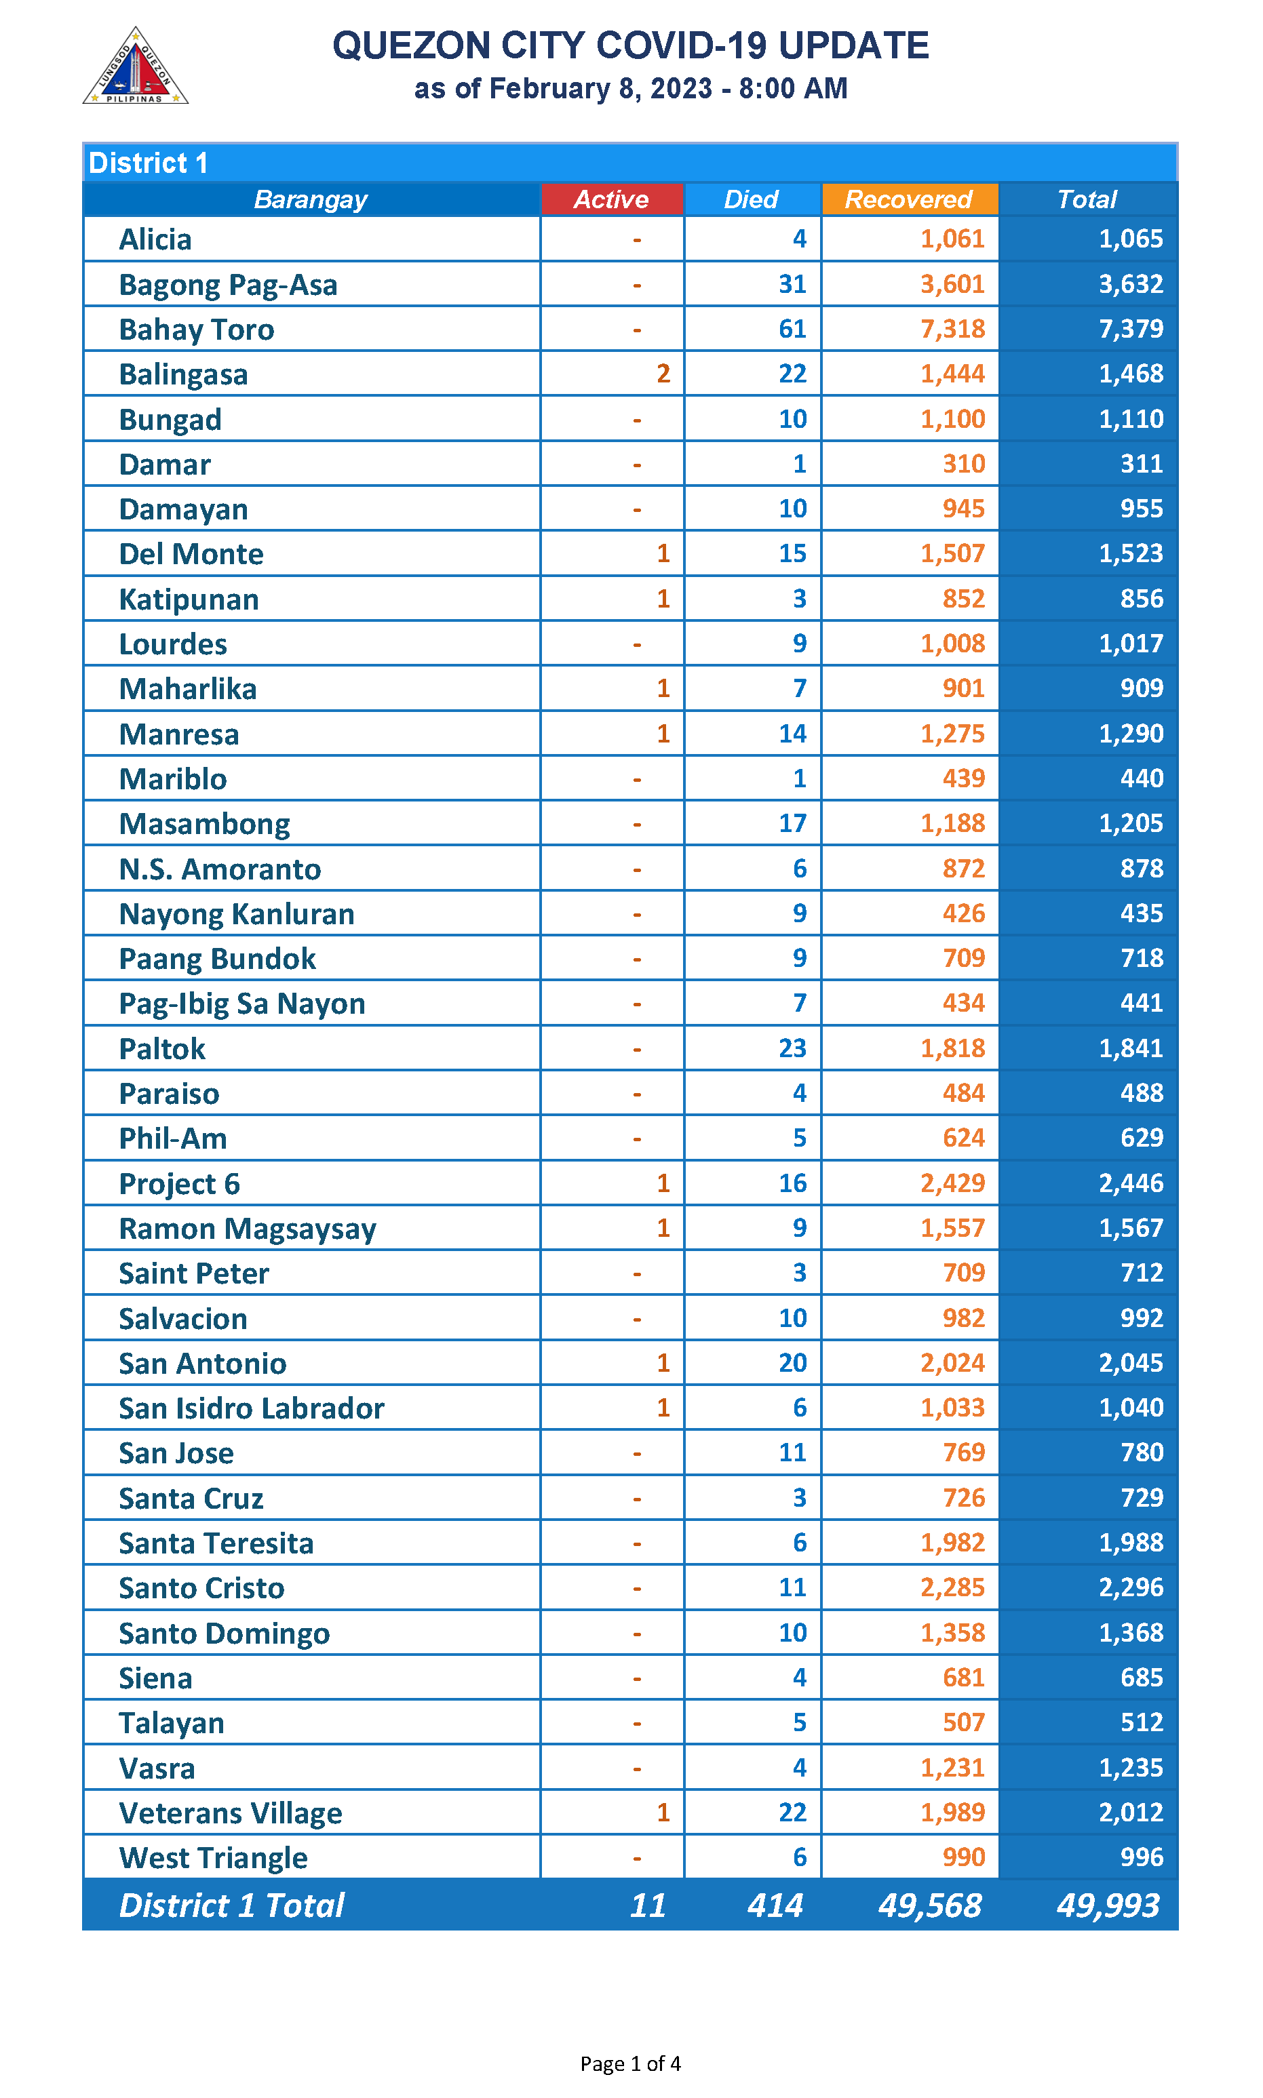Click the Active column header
(611, 199)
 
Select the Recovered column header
(908, 199)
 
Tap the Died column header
(751, 199)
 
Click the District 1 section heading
(149, 163)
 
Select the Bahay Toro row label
(197, 330)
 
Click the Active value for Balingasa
(663, 374)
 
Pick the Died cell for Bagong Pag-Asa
(792, 284)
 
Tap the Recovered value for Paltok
(952, 1048)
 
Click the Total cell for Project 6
(1130, 1183)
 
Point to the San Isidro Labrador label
(251, 1408)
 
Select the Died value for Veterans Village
(792, 1812)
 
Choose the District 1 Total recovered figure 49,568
(929, 1905)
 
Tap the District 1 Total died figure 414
(775, 1905)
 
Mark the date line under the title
(631, 88)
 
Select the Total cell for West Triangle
(1142, 1857)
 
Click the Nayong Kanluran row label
(237, 914)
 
